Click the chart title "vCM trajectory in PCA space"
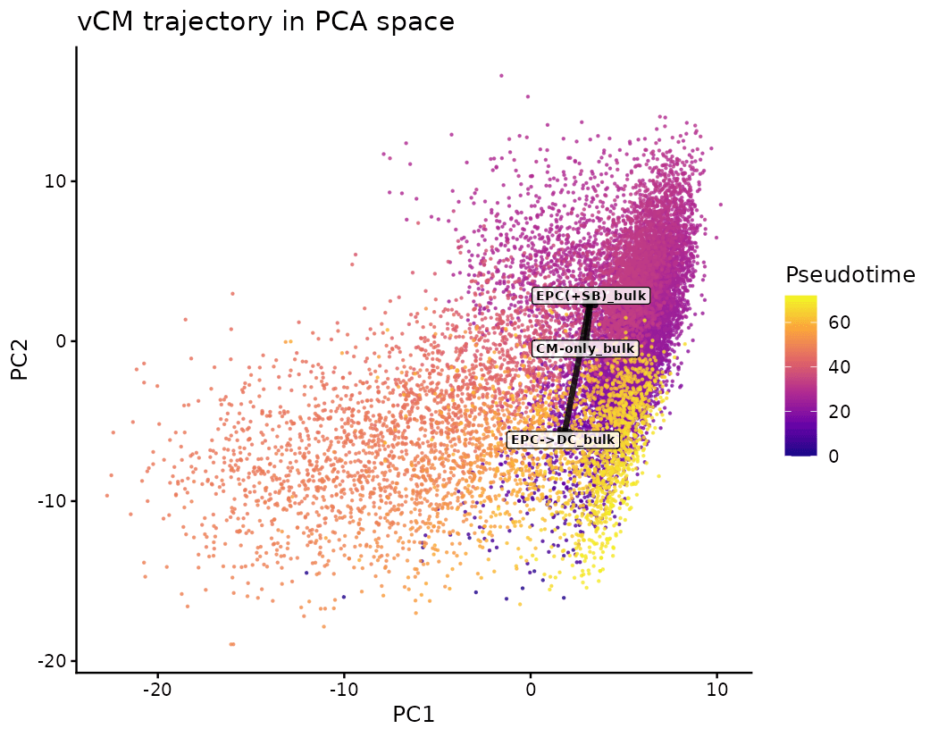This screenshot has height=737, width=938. [266, 21]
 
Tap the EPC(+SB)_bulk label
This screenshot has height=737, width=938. [590, 296]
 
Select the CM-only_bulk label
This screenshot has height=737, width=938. [584, 348]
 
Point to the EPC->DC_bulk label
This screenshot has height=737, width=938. [563, 440]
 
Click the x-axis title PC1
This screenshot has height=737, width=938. [413, 715]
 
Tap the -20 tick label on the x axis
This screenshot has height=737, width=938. [158, 690]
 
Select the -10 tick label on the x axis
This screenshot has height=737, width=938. [344, 690]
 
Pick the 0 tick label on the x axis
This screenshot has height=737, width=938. [531, 690]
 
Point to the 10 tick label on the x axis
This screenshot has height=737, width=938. [716, 690]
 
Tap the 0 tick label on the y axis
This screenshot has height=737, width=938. [61, 341]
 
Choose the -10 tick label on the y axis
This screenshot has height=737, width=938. [53, 501]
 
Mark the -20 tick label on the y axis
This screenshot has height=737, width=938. [53, 661]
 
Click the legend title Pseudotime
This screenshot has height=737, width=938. [850, 275]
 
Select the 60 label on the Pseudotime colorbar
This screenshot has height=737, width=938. [839, 323]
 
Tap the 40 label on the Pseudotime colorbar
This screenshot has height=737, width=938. [839, 367]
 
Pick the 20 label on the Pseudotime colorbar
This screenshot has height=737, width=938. [839, 412]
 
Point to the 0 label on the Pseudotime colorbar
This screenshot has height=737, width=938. [833, 456]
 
